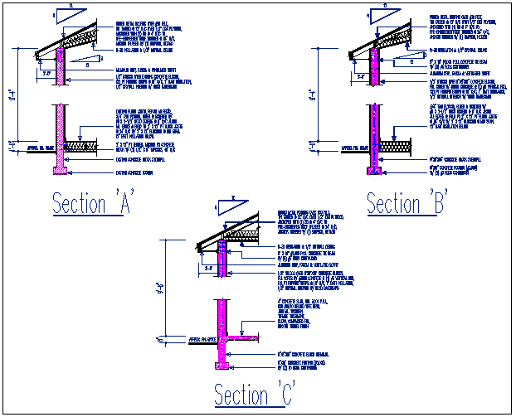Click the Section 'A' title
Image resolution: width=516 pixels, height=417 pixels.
coord(94,203)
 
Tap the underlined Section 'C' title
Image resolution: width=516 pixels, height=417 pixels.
coord(254,395)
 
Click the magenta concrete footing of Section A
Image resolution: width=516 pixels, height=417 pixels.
coord(61,172)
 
